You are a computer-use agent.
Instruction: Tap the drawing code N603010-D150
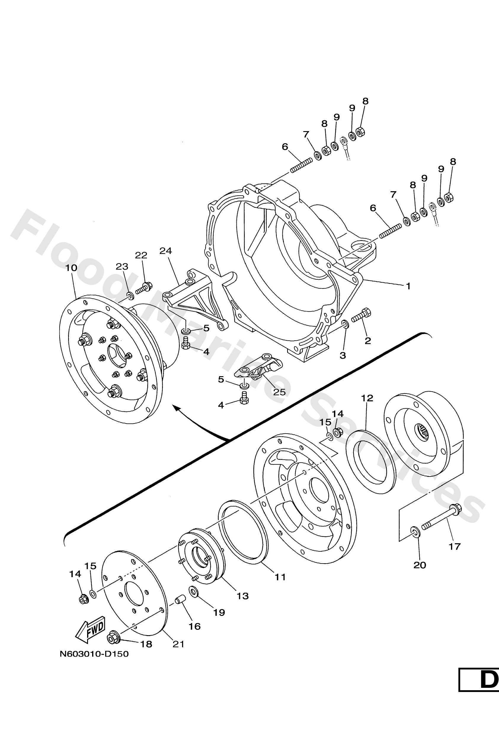94,654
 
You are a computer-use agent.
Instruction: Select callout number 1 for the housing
408,286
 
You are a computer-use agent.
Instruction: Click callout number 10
71,268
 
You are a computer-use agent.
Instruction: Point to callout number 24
165,251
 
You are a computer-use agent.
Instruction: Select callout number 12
367,398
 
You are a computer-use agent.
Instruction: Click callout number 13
243,596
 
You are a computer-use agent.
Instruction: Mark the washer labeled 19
193,591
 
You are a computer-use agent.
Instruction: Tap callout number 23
122,267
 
